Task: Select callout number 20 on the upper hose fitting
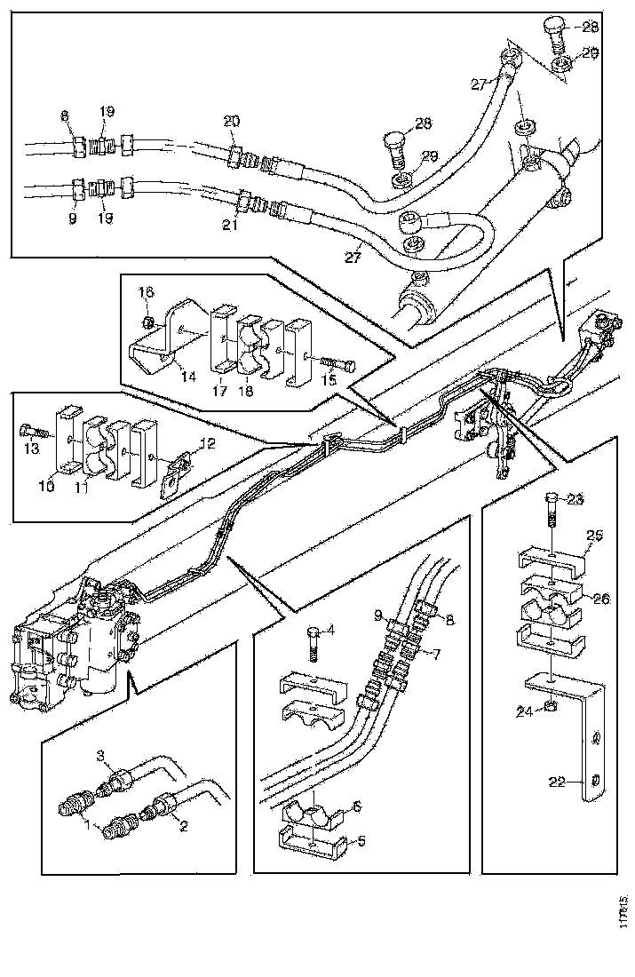coord(232,122)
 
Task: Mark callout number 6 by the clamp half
coord(355,806)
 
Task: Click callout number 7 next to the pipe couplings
coord(437,655)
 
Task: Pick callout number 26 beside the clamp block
coord(601,599)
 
